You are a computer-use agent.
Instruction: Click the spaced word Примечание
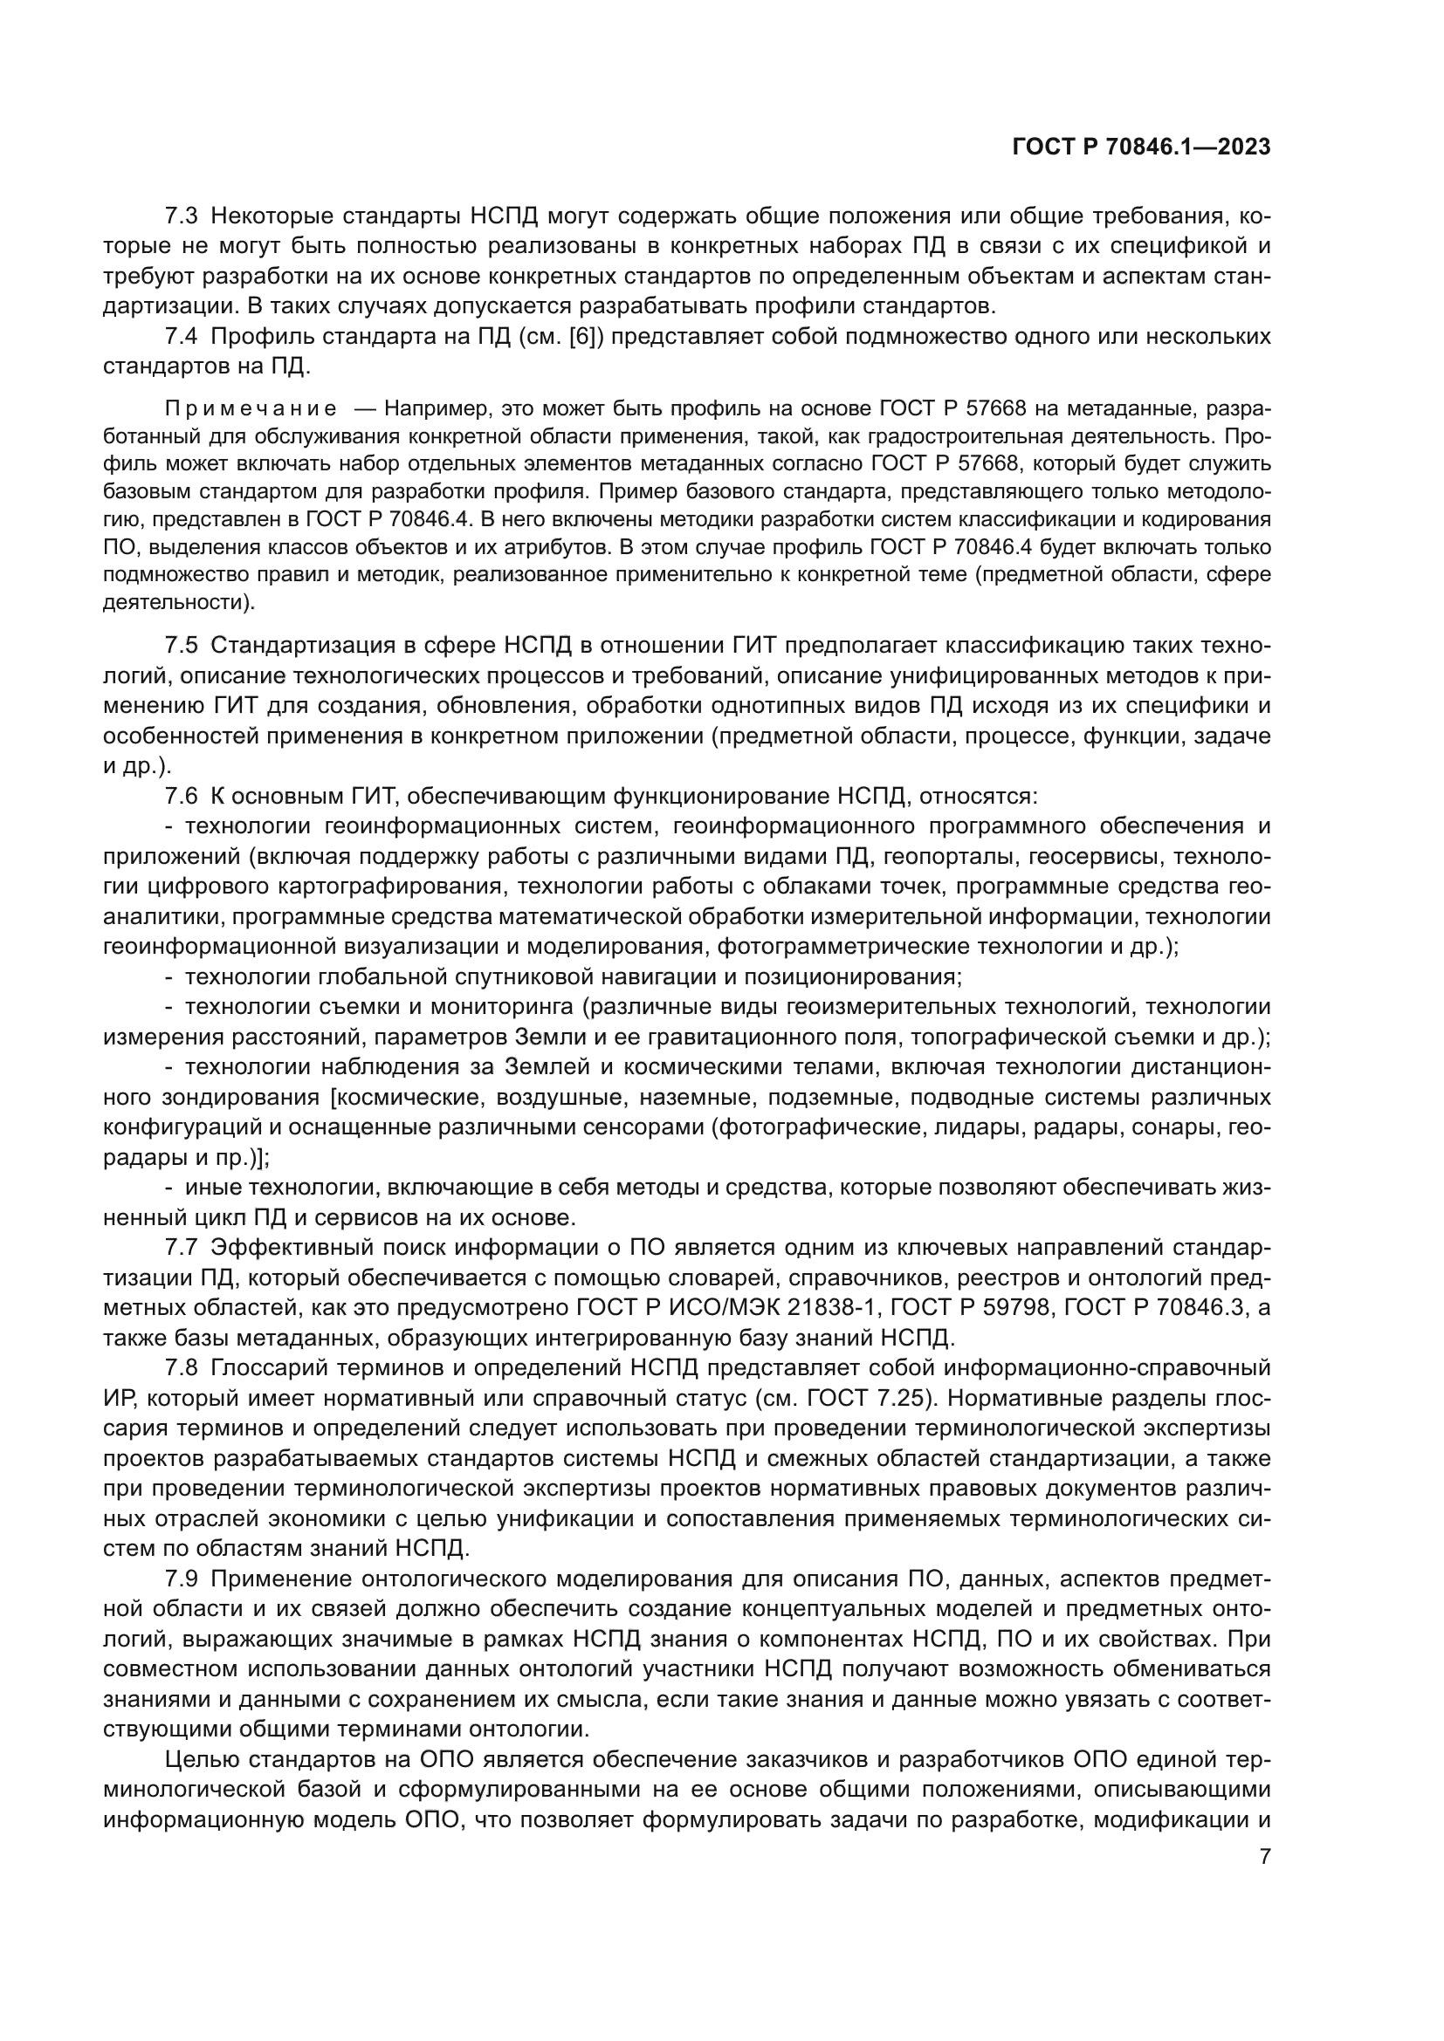tap(251, 409)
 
